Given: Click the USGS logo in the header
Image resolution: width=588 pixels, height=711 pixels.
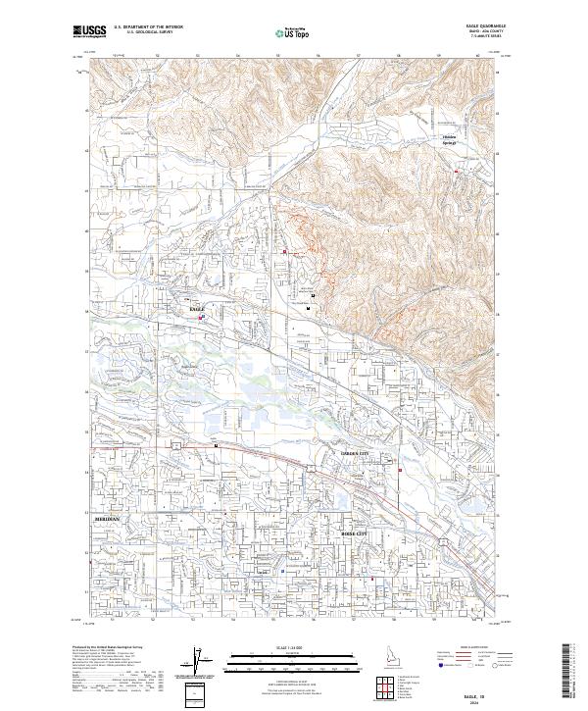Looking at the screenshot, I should pyautogui.click(x=89, y=32).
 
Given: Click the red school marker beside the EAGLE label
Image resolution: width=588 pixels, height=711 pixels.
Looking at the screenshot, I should pyautogui.click(x=202, y=317).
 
